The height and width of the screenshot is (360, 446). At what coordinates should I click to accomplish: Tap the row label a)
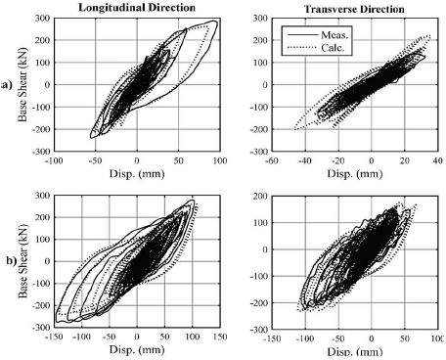(x=9, y=85)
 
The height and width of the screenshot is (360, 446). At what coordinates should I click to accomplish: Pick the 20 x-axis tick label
(x=384, y=160)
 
